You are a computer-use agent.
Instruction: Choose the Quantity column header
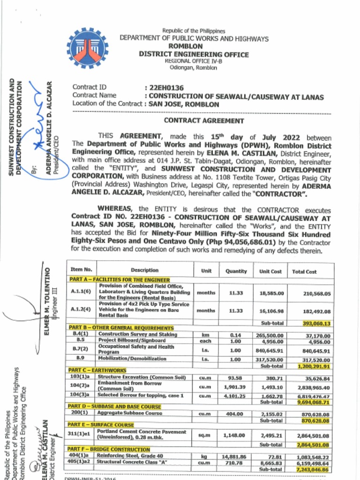[x=236, y=271]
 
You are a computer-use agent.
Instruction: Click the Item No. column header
[x=81, y=270]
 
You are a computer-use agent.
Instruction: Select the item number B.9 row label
[x=80, y=359]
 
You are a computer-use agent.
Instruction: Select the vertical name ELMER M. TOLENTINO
[x=47, y=300]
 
